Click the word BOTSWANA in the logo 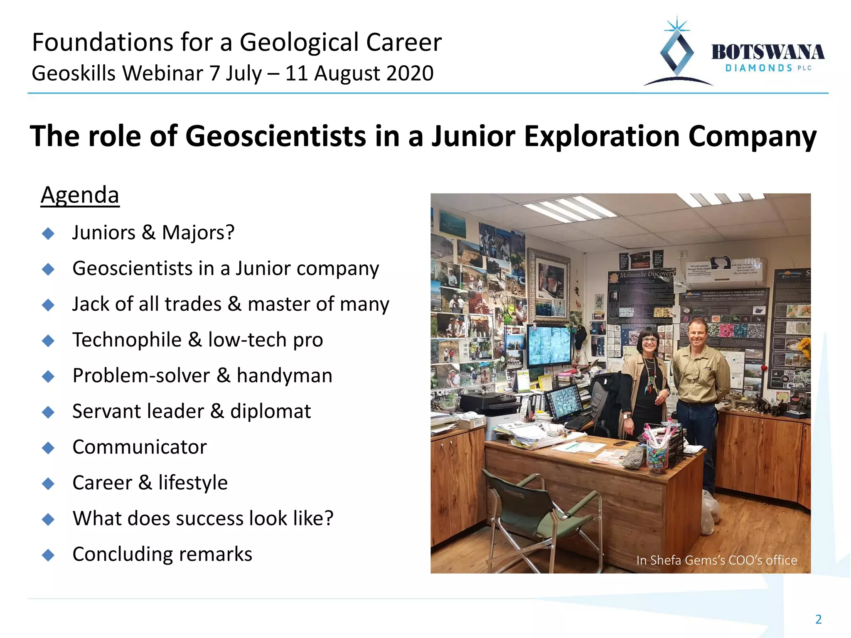(767, 53)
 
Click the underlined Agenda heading (80, 195)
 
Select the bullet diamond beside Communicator (49, 448)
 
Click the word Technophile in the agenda (127, 340)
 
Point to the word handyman (284, 375)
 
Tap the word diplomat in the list (270, 411)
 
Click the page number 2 (818, 619)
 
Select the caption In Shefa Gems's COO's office (716, 560)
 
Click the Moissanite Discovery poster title (646, 275)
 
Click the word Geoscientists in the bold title (275, 136)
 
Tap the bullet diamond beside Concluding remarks (49, 555)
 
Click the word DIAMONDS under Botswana (758, 68)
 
